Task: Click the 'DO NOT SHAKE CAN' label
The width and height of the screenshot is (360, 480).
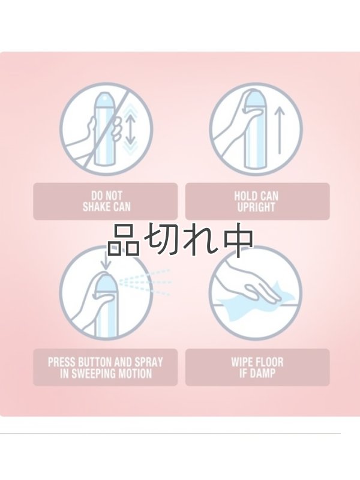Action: (105, 202)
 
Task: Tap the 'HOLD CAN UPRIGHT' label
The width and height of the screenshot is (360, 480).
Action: (257, 202)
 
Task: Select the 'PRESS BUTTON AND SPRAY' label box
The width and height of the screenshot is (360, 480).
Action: (105, 367)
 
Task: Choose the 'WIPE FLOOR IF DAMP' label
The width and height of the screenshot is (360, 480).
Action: (257, 367)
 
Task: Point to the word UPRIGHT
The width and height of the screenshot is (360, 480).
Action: (257, 208)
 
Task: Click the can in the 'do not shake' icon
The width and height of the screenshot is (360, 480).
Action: (106, 129)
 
